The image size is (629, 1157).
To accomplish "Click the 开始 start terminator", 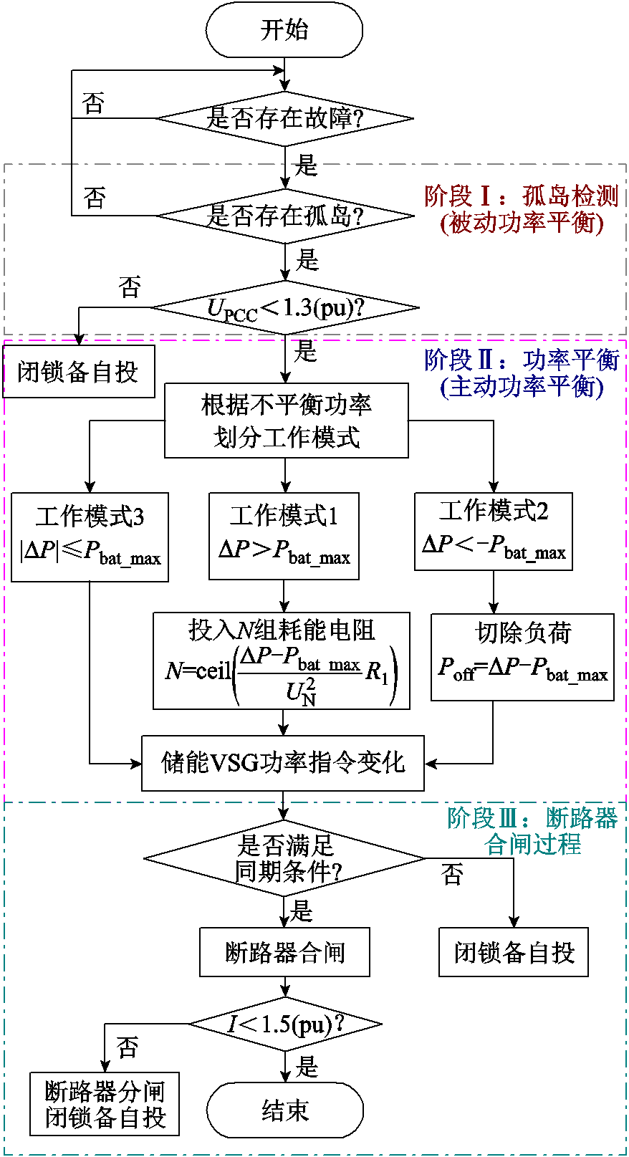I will [x=284, y=30].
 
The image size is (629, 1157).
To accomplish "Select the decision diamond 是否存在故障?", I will [x=284, y=118].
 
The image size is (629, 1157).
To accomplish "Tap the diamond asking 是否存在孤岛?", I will [x=284, y=215].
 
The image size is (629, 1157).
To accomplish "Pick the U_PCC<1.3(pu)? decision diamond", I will [x=284, y=308].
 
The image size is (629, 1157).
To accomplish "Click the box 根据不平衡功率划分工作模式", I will [x=286, y=421].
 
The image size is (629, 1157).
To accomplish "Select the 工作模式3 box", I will [x=90, y=537].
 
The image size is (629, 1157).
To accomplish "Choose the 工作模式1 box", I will [x=284, y=536].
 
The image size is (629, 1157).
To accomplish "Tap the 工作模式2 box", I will [x=493, y=532].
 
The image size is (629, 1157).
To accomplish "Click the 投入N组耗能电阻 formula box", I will [x=282, y=661].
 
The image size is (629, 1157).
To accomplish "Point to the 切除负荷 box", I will [x=522, y=657].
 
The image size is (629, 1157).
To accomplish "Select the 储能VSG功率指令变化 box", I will [x=282, y=763].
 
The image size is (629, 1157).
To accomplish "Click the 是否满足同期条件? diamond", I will [x=284, y=858].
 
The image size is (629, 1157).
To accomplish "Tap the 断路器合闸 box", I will [x=284, y=952].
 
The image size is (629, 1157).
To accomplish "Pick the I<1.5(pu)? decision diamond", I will [x=284, y=1024].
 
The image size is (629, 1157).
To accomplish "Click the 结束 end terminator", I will [x=284, y=1110].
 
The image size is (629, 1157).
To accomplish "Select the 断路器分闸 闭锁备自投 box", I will [x=105, y=1103].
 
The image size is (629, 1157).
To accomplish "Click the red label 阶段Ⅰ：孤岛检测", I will [x=521, y=196].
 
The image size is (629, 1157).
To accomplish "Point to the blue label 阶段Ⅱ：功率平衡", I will [x=521, y=360].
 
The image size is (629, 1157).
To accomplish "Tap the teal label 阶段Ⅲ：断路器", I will [x=532, y=818].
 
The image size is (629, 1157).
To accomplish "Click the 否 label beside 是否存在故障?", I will [x=94, y=103].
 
